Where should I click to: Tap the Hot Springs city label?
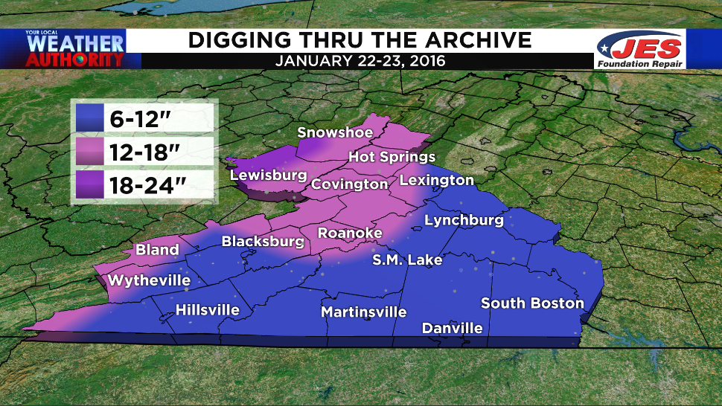pyautogui.click(x=392, y=157)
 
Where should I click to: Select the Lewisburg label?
pyautogui.click(x=269, y=175)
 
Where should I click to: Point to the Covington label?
pyautogui.click(x=350, y=184)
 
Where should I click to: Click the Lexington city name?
pyautogui.click(x=437, y=180)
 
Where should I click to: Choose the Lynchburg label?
pyautogui.click(x=464, y=220)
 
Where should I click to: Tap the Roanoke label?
pyautogui.click(x=350, y=233)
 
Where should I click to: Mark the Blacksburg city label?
pyautogui.click(x=263, y=241)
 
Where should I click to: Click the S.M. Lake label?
pyautogui.click(x=408, y=260)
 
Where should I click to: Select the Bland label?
pyautogui.click(x=157, y=249)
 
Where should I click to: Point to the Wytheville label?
pyautogui.click(x=149, y=280)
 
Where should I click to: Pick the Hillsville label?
pyautogui.click(x=208, y=310)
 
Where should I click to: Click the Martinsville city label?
pyautogui.click(x=364, y=312)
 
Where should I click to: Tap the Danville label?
pyautogui.click(x=453, y=328)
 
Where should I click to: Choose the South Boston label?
pyautogui.click(x=532, y=303)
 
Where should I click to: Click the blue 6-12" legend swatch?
pyautogui.click(x=93, y=117)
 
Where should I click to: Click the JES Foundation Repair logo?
pyautogui.click(x=641, y=51)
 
